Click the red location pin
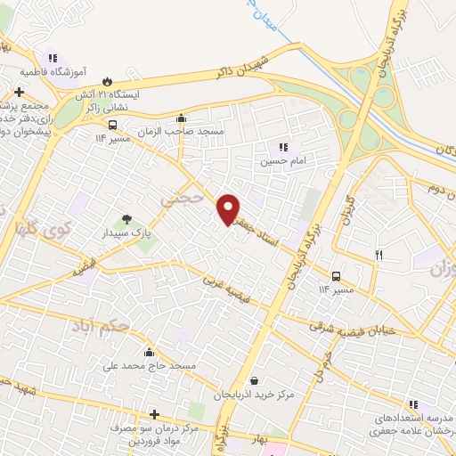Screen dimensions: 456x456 (229, 208)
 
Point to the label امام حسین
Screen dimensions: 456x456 (276, 161)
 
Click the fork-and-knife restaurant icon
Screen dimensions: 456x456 (379, 256)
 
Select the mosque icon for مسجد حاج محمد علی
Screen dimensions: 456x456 (148, 353)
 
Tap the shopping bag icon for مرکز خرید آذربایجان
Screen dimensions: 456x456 (255, 381)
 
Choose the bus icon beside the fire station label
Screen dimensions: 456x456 (112, 125)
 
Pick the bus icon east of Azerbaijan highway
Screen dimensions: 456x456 (337, 276)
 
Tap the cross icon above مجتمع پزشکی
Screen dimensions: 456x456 (19, 91)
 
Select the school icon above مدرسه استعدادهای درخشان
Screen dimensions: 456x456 (412, 404)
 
